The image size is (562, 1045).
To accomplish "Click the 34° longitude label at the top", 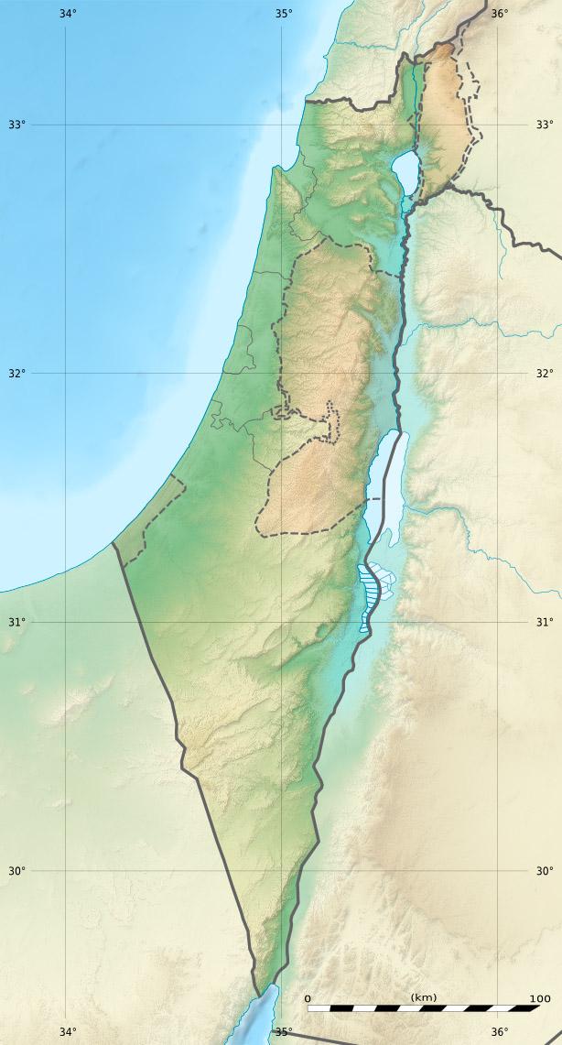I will tap(67, 14).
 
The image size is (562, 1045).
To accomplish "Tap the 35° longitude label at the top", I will tap(284, 14).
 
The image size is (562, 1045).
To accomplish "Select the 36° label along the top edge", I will tap(499, 14).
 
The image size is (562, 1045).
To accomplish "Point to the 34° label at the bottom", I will tap(67, 1032).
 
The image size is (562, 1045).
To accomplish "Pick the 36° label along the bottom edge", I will tap(499, 1032).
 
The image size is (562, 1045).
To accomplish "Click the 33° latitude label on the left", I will tap(16, 125).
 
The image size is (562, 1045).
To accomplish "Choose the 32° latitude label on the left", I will tap(16, 374).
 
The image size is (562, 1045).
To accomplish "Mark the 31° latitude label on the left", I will tap(16, 623).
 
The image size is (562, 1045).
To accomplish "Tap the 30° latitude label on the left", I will tap(16, 871).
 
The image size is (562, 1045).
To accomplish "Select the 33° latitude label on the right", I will tap(545, 125).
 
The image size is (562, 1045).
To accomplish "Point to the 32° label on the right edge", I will tap(545, 374).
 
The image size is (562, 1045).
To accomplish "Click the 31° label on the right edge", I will tap(545, 623).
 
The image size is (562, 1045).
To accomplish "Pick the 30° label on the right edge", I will tap(545, 871).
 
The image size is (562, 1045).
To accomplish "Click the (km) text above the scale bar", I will tap(423, 996).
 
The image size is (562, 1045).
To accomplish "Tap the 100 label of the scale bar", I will tap(539, 998).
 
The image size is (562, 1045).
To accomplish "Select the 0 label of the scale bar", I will tap(308, 998).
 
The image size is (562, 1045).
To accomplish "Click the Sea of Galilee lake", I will tap(404, 168).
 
